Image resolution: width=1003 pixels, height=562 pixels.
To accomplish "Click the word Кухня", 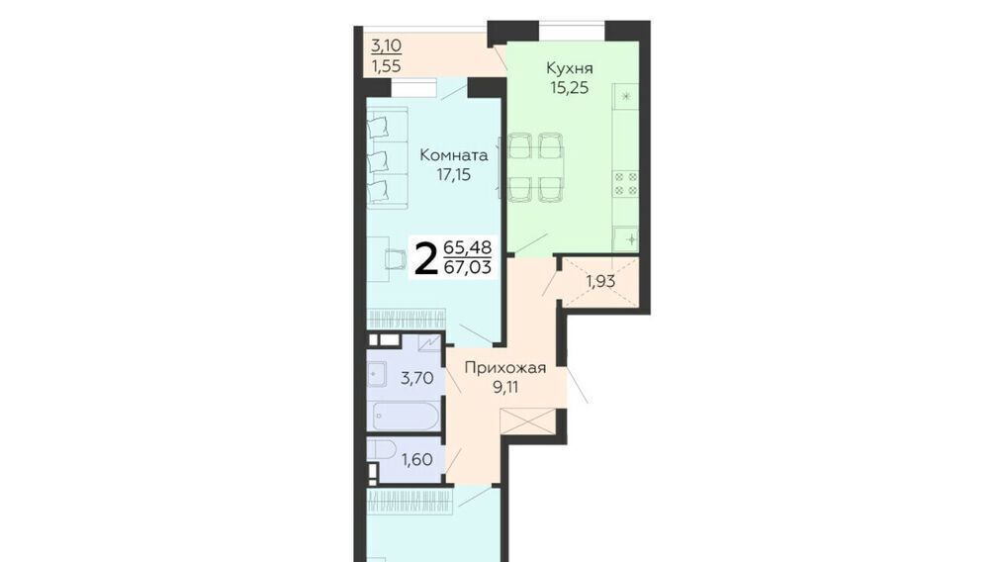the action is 570,68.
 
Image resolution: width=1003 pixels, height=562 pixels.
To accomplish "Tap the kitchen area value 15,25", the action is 570,88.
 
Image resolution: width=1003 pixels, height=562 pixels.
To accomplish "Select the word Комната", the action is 453,155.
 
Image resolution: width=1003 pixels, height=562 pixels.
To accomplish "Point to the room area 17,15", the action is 453,175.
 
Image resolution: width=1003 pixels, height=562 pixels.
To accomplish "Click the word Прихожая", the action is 505,367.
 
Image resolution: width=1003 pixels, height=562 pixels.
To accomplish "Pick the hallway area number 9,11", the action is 505,387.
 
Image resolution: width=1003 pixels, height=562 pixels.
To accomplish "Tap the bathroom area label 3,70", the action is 417,378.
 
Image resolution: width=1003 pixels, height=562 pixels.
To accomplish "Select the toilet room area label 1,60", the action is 417,459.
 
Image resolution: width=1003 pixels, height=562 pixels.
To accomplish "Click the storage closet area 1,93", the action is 600,281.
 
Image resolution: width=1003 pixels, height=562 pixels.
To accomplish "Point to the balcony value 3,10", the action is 387,46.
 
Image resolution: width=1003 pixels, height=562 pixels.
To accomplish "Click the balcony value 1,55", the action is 387,65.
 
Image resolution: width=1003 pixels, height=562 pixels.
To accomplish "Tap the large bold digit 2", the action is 424,257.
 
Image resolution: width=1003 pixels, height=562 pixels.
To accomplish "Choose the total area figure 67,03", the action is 468,267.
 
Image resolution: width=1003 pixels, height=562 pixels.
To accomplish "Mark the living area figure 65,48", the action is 468,246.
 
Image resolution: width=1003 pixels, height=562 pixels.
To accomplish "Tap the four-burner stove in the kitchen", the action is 625,183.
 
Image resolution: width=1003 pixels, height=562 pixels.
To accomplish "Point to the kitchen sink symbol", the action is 625,239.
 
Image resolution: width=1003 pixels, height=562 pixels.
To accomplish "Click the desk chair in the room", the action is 396,258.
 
